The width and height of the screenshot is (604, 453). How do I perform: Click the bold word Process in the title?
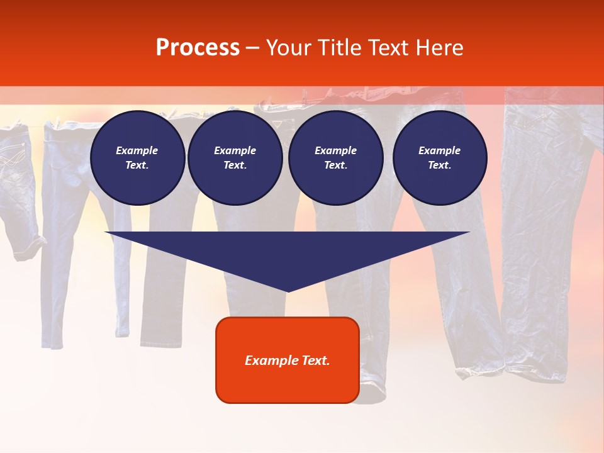tap(198, 48)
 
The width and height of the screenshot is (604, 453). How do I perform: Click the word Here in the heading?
tap(441, 48)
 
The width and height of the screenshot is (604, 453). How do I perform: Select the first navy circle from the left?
tap(138, 158)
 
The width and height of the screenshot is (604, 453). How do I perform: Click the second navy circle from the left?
tap(235, 158)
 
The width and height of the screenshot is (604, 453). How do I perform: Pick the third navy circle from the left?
tap(336, 158)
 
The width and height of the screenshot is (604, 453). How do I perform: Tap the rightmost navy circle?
tap(440, 158)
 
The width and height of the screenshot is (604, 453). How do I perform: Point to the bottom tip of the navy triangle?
tap(288, 291)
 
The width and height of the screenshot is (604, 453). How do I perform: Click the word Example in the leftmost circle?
tap(137, 150)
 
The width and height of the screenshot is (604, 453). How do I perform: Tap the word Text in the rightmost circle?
tap(439, 165)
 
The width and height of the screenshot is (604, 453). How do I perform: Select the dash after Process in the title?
tap(252, 48)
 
